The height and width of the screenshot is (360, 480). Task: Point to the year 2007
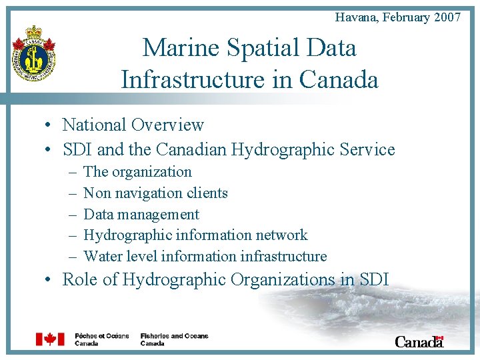pyautogui.click(x=447, y=17)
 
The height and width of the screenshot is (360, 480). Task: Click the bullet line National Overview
pyautogui.click(x=133, y=125)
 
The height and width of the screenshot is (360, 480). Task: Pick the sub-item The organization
pyautogui.click(x=137, y=171)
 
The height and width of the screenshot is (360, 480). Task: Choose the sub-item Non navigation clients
pyautogui.click(x=155, y=193)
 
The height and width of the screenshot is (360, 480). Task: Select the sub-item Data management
pyautogui.click(x=141, y=214)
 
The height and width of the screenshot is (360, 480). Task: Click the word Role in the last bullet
pyautogui.click(x=79, y=279)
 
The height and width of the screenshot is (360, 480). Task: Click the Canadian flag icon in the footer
pyautogui.click(x=50, y=339)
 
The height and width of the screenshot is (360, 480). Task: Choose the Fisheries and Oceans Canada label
pyautogui.click(x=174, y=339)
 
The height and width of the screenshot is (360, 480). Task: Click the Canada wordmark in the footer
pyautogui.click(x=419, y=341)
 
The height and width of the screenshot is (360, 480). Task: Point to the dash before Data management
pyautogui.click(x=71, y=215)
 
